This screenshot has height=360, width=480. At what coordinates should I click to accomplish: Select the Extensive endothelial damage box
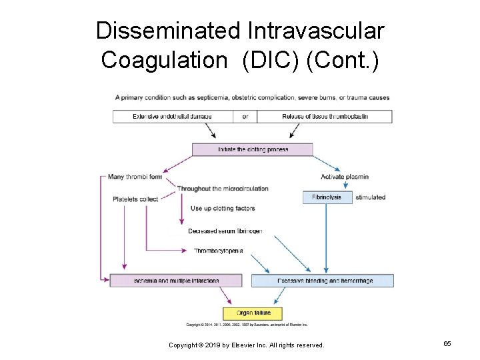(173, 117)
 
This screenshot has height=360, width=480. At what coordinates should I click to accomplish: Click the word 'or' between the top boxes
(245, 117)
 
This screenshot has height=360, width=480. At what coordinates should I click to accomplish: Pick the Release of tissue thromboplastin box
(325, 117)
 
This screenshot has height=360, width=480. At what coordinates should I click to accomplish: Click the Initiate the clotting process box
(253, 149)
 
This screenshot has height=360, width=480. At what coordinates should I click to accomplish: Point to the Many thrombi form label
(135, 177)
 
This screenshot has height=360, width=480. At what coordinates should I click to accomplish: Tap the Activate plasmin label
(345, 177)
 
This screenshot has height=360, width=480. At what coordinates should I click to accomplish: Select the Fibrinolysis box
(327, 197)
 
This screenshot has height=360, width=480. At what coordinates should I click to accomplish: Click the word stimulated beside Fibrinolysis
(371, 197)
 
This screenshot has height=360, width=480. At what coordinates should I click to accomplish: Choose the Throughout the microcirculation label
(223, 189)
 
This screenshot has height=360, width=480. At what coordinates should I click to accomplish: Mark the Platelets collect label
(135, 199)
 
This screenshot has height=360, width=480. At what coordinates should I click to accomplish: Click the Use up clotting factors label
(223, 209)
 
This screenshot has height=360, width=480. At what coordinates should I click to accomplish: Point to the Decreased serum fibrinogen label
(225, 231)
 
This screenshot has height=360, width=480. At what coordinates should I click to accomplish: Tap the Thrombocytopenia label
(219, 251)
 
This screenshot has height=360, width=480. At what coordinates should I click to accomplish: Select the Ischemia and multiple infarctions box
(176, 281)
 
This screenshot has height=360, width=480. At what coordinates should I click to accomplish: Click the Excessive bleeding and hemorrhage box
(323, 281)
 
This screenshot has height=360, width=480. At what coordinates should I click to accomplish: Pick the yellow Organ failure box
(253, 313)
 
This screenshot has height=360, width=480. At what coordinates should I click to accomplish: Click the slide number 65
(447, 343)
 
